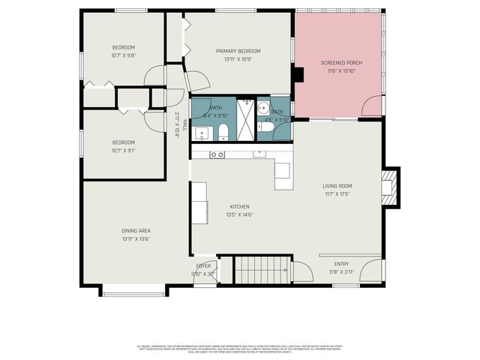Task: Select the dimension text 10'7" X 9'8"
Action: coord(123,55)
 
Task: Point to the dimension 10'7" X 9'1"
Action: coord(123,150)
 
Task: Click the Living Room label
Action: coord(337,186)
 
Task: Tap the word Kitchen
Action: coord(239,207)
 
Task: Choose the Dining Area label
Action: coord(136,231)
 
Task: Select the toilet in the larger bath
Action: coord(223,134)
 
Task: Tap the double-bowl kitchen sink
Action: coord(217,154)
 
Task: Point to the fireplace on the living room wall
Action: coord(388,187)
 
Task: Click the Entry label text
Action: coord(341,264)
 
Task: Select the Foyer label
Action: coord(203,266)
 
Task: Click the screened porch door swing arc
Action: coord(371,107)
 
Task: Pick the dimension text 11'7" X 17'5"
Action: coord(337,194)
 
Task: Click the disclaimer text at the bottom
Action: coord(240,349)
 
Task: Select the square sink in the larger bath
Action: coord(201,134)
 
